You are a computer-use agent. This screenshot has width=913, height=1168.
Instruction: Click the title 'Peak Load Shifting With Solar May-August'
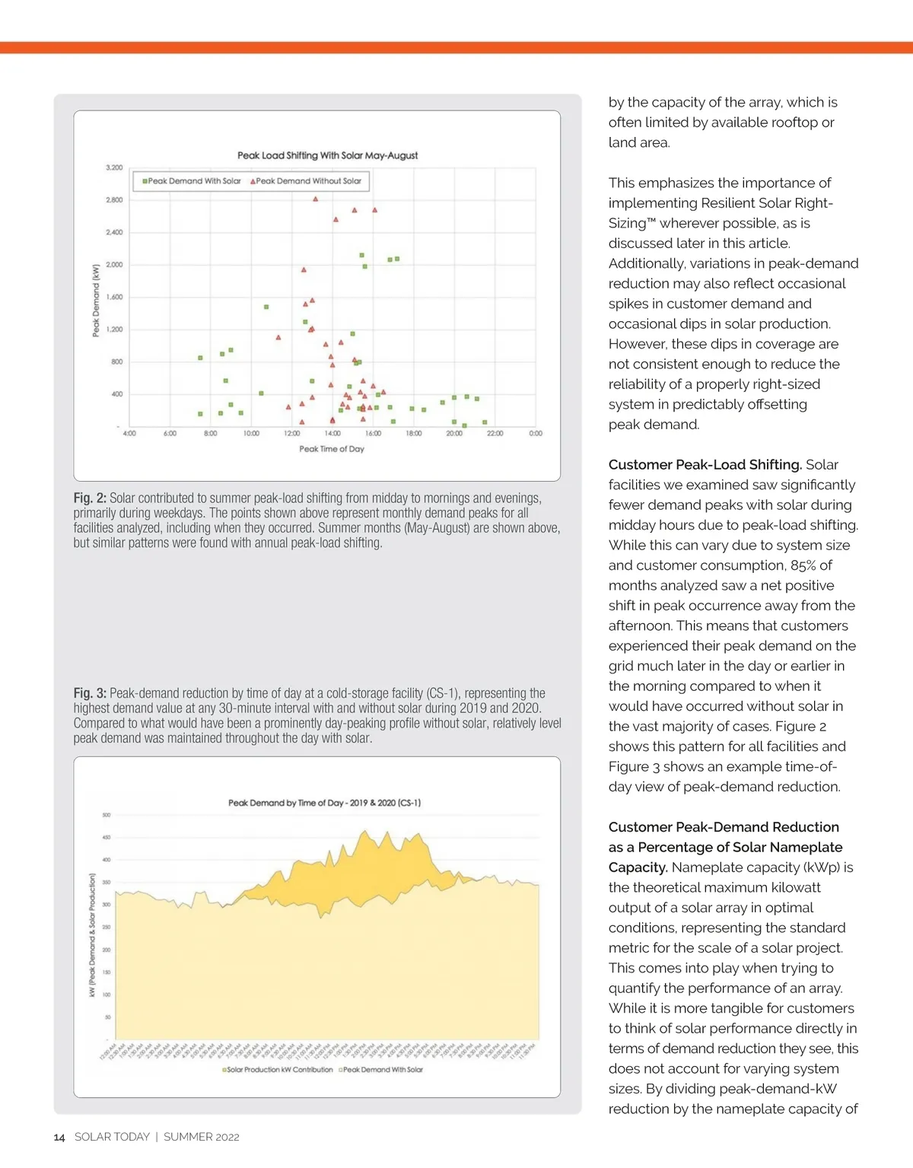click(x=327, y=155)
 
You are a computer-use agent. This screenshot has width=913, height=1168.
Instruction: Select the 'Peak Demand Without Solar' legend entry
click(x=308, y=181)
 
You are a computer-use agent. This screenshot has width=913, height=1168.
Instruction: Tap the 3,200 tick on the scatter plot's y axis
click(x=114, y=167)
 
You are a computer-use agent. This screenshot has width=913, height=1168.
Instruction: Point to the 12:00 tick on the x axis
click(x=291, y=434)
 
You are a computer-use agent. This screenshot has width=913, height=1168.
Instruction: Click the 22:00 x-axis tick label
click(x=495, y=434)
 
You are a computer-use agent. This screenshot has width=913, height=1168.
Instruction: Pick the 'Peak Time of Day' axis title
click(x=332, y=449)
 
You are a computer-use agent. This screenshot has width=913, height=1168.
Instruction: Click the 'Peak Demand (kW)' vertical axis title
click(x=96, y=301)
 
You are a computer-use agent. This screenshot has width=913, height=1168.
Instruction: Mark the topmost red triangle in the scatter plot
click(x=315, y=199)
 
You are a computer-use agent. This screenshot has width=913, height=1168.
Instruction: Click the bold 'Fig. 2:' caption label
click(x=90, y=498)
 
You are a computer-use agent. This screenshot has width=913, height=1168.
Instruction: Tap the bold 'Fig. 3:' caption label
click(x=90, y=693)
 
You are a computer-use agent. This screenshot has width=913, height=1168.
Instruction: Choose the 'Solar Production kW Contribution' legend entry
click(x=278, y=1070)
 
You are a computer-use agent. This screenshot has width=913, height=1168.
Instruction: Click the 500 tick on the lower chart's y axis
click(x=107, y=815)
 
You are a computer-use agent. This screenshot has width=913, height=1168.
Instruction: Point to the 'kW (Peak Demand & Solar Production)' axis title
click(x=92, y=935)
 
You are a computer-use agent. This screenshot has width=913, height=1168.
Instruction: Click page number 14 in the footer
click(x=59, y=1138)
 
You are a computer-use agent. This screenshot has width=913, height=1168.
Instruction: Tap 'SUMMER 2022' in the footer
click(x=202, y=1137)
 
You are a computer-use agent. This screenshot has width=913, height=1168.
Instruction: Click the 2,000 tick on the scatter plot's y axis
click(x=114, y=265)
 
